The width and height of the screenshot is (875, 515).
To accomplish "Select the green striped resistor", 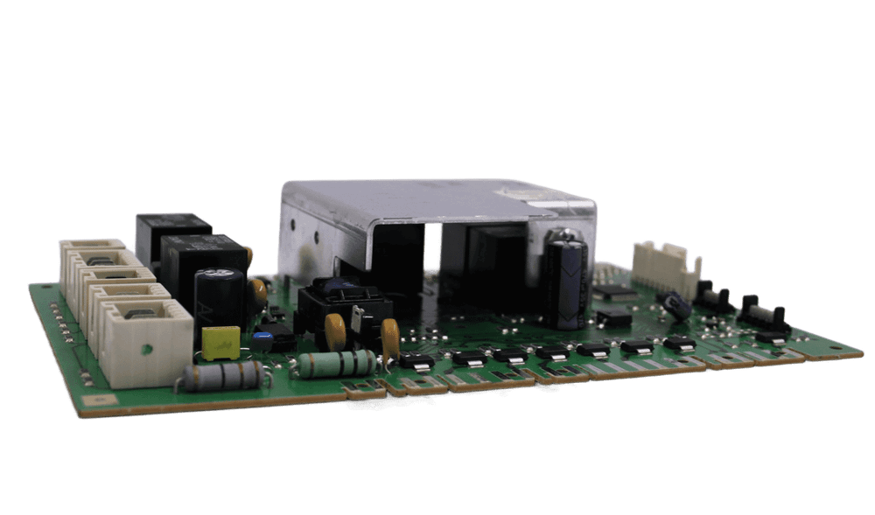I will (x=336, y=362).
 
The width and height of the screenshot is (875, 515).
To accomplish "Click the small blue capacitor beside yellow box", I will (x=263, y=336).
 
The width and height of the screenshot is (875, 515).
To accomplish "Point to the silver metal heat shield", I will (x=437, y=206).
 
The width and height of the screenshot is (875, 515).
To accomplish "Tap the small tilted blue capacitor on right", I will (x=675, y=304).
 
